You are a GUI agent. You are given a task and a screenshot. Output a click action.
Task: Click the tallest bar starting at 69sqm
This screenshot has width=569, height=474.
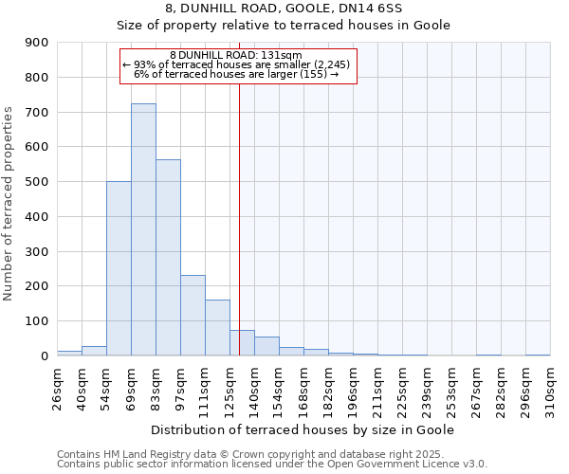[143, 229]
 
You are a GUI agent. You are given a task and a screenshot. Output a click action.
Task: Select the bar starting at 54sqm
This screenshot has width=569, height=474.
[119, 268]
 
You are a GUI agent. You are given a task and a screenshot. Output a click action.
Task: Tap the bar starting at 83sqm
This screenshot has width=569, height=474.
[168, 257]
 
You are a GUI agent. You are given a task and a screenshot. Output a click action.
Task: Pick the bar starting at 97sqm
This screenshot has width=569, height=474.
[193, 315]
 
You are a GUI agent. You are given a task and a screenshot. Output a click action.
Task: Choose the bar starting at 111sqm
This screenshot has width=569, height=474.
[217, 327]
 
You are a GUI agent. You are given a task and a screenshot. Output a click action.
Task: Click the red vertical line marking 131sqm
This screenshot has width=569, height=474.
[239, 218]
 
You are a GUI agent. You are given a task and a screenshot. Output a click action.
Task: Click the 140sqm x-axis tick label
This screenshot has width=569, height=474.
[254, 388]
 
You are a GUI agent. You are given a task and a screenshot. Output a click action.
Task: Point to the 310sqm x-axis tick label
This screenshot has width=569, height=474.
[550, 388]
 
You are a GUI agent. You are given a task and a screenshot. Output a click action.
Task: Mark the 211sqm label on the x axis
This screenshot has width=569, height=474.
[377, 388]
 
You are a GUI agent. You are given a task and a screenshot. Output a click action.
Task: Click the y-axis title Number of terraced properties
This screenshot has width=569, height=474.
[9, 204]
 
